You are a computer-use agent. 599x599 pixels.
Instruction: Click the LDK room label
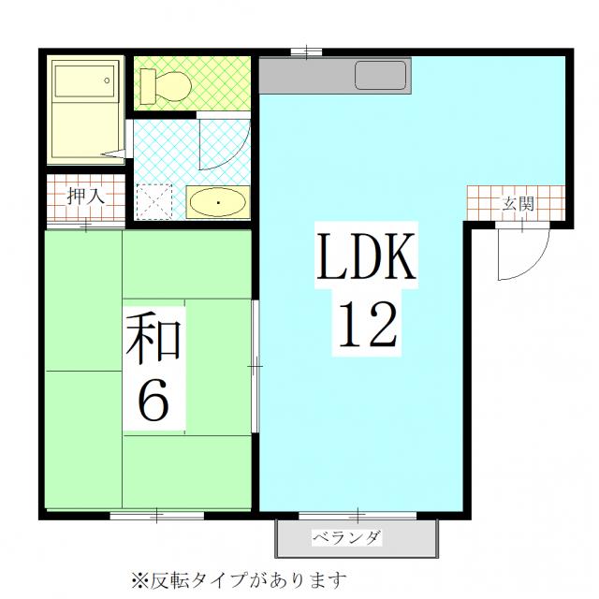[366, 256]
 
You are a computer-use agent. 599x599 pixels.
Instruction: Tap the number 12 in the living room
[367, 324]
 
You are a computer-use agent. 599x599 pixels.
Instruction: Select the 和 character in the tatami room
[153, 337]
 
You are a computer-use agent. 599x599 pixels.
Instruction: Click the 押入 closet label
[85, 197]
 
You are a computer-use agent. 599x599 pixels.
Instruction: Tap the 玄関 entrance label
[518, 204]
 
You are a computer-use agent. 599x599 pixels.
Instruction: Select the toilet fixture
[166, 86]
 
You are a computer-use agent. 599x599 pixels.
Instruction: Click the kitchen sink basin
[381, 75]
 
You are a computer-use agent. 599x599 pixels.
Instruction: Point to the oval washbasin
[218, 202]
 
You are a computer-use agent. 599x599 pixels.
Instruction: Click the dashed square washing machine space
[153, 202]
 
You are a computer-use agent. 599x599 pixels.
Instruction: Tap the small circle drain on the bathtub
[107, 80]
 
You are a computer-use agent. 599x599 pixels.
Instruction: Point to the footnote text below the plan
[240, 580]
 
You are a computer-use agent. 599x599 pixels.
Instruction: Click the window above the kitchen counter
[306, 52]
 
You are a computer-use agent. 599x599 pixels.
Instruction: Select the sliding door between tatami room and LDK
[256, 367]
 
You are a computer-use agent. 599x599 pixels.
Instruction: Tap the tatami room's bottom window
[157, 516]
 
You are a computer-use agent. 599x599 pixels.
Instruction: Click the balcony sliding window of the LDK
[358, 516]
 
